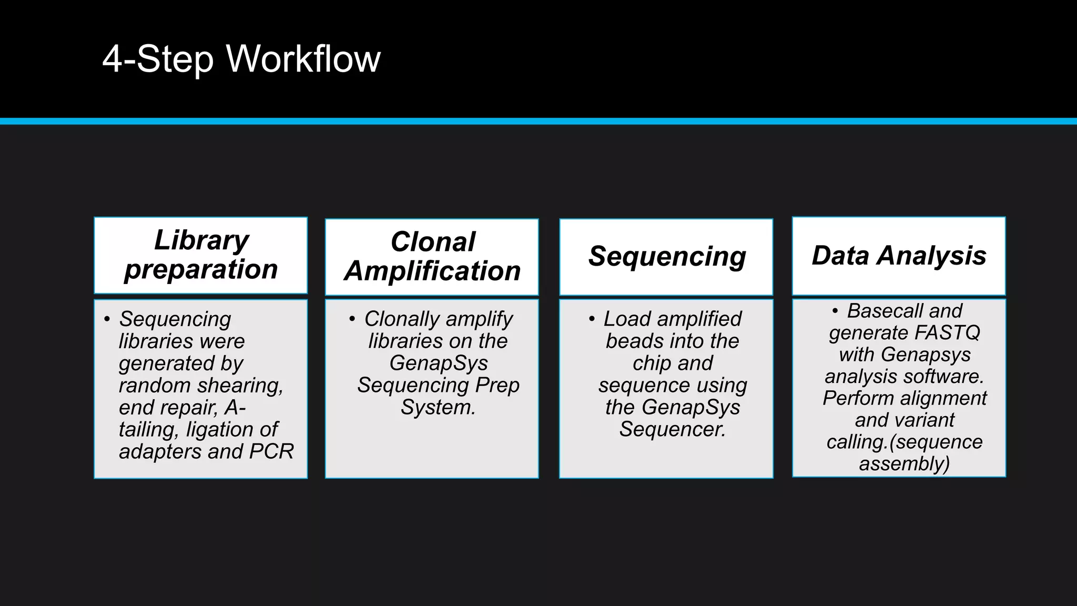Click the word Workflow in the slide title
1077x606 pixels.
pos(303,58)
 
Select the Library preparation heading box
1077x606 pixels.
pos(201,255)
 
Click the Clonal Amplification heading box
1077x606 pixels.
pos(432,257)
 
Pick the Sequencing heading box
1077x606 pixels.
pos(666,257)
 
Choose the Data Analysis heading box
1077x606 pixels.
pos(899,256)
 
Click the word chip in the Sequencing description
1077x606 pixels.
pos(650,363)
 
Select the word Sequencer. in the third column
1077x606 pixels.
pos(673,429)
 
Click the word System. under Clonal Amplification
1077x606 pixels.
pos(438,407)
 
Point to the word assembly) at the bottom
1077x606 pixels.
pos(905,464)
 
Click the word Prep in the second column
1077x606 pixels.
pos(497,385)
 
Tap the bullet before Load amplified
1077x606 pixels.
pos(592,319)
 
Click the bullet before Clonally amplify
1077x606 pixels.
pos(352,319)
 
